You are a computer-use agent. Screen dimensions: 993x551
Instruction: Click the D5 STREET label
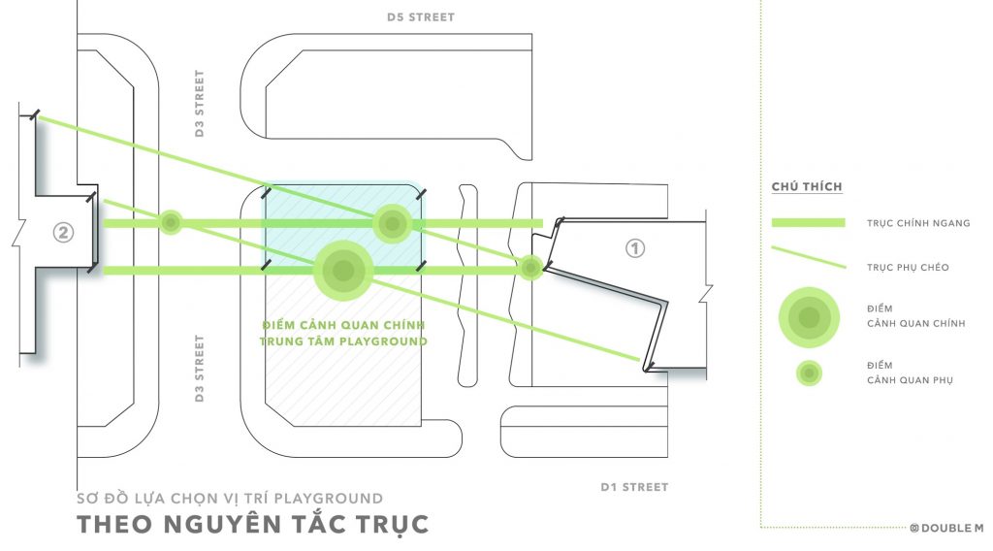pos(421,17)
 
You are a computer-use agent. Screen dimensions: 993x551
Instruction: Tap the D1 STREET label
pos(634,487)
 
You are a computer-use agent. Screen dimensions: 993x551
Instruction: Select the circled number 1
pos(635,248)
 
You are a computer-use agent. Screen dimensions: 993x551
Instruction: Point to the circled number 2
pos(63,233)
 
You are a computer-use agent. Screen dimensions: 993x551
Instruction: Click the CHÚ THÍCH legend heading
pos(807,187)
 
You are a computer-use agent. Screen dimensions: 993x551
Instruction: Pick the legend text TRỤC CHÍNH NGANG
pos(918,223)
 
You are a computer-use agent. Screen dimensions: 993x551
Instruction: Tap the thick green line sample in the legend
pos(808,222)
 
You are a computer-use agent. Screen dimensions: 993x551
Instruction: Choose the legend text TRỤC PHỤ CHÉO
pos(908,268)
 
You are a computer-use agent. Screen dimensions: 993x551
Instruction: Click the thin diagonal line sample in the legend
pos(809,257)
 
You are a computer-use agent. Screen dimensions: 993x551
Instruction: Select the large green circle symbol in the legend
pos(810,317)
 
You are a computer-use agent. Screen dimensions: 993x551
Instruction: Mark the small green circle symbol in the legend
pos(810,373)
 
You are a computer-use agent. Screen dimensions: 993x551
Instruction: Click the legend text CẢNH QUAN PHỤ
pos(910,380)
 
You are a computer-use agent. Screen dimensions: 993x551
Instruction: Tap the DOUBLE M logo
pos(946,528)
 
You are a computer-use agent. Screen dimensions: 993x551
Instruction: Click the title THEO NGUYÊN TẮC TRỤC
pos(253,525)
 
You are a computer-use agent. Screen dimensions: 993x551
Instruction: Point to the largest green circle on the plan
pos(343,271)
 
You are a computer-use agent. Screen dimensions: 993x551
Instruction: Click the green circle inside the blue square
pos(393,223)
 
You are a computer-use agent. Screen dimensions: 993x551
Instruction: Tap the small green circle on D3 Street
pos(171,223)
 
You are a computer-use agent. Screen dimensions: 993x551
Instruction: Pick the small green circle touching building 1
pos(530,268)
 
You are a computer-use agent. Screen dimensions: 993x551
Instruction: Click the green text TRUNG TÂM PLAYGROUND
pos(343,341)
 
